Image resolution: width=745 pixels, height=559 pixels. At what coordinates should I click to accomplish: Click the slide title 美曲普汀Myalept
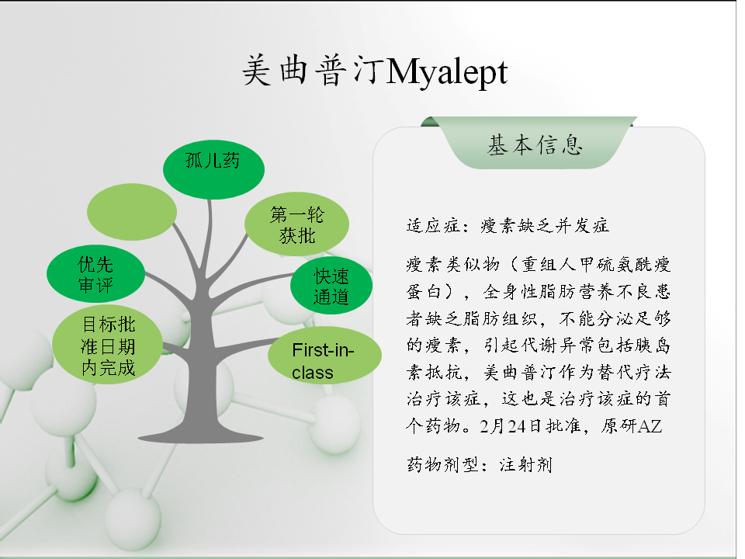click(x=375, y=71)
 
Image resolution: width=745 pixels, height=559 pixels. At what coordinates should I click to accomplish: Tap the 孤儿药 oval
click(x=213, y=169)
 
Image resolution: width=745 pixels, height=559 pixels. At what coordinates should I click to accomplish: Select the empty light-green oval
click(x=132, y=212)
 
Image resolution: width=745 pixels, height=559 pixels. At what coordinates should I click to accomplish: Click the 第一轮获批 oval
click(x=297, y=224)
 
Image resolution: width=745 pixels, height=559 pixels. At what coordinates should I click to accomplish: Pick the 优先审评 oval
click(x=95, y=274)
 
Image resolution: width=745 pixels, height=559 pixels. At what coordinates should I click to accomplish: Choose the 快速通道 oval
click(x=331, y=286)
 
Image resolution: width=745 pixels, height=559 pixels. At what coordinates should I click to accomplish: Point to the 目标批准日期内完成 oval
click(x=107, y=345)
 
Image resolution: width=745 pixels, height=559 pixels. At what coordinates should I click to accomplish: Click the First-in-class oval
click(x=324, y=356)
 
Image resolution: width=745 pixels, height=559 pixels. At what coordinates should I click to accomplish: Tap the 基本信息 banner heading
click(x=535, y=144)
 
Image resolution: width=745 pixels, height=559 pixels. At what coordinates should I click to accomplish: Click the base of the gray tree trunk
click(x=200, y=436)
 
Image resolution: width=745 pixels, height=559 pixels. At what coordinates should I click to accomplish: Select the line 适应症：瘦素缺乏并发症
click(x=508, y=225)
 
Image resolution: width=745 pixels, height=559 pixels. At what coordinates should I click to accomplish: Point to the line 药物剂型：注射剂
click(x=480, y=464)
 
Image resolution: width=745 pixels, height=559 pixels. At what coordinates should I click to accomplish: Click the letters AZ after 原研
click(x=650, y=426)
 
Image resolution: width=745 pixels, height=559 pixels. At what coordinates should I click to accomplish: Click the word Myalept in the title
click(x=447, y=72)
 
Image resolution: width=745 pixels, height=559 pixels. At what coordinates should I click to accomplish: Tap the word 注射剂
click(x=526, y=464)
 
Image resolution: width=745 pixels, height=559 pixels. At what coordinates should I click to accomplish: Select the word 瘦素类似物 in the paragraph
click(x=452, y=264)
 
